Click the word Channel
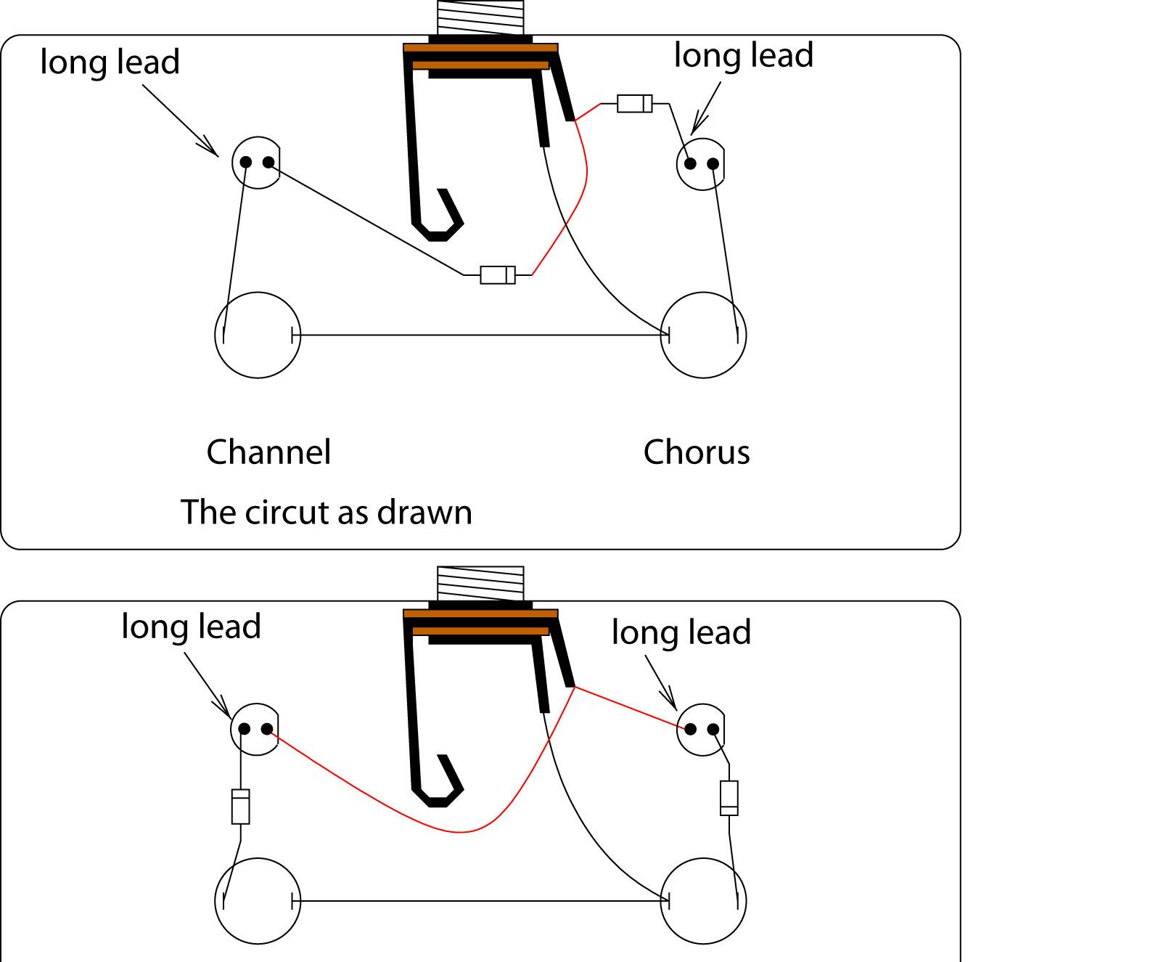(268, 452)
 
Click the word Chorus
(697, 452)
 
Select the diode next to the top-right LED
(634, 103)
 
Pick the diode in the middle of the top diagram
(498, 274)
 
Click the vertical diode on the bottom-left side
(240, 807)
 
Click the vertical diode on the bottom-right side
(729, 797)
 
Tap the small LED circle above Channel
(256, 163)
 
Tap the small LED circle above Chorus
(700, 164)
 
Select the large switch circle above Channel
(258, 335)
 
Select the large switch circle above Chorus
(704, 335)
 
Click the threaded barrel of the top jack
(480, 17)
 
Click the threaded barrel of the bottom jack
(480, 584)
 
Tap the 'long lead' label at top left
(110, 62)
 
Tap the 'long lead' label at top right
(744, 55)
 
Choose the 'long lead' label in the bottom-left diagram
(191, 627)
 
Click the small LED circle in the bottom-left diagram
(255, 730)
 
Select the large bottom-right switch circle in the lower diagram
(704, 901)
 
